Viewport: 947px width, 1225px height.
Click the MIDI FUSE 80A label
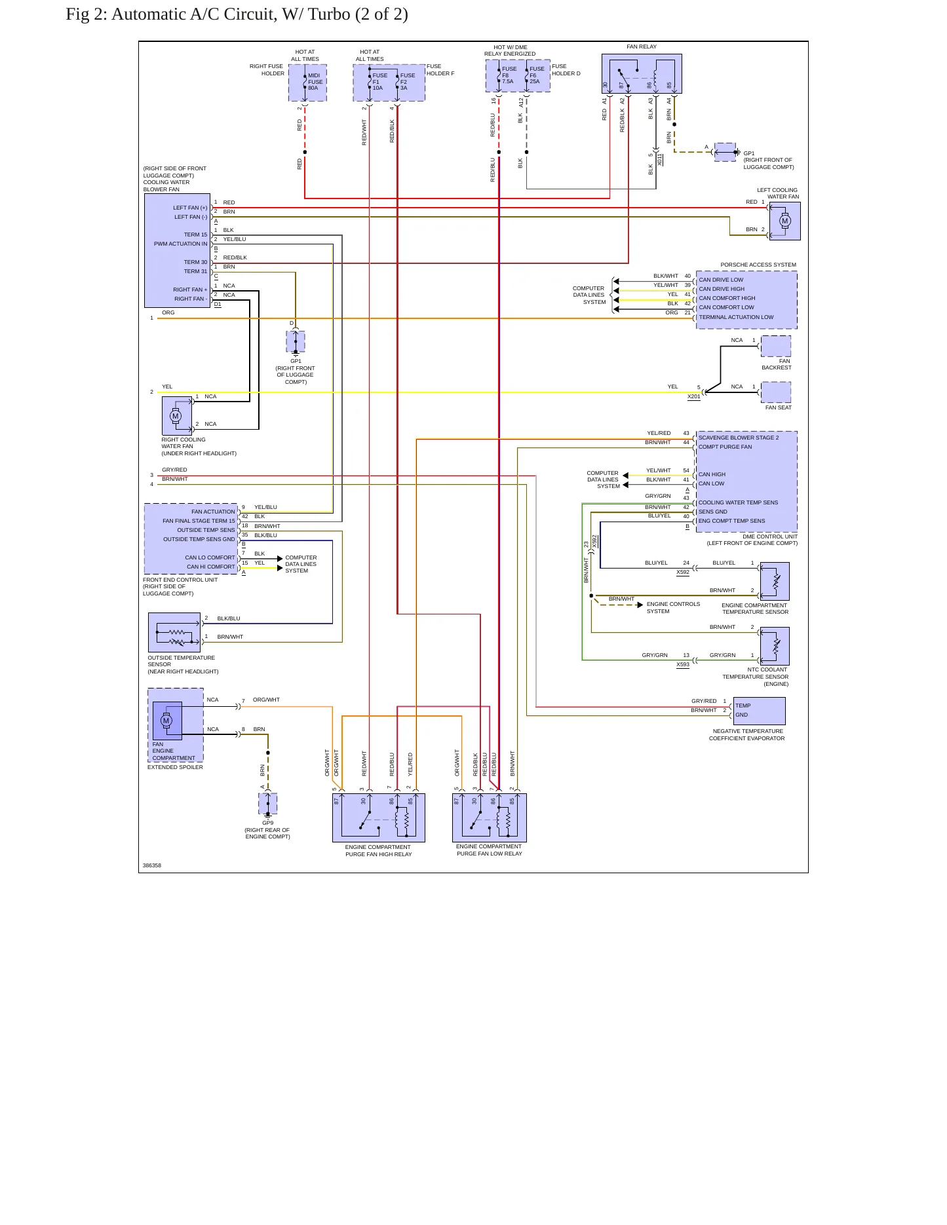coord(315,82)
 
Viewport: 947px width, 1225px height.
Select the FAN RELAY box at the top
coord(642,73)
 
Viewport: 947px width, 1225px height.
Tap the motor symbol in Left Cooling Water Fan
coord(784,221)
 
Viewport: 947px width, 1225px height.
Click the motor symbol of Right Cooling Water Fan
coord(175,416)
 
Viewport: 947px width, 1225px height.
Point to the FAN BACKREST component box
coord(776,346)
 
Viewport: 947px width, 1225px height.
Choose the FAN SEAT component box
coord(776,392)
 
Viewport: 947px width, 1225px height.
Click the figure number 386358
coord(152,865)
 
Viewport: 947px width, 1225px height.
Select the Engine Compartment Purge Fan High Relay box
coord(379,818)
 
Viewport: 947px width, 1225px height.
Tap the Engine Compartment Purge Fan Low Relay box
coord(490,818)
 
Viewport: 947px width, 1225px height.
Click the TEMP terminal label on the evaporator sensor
coord(743,706)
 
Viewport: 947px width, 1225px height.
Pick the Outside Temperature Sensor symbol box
coord(174,632)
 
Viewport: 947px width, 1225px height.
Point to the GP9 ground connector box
coord(268,803)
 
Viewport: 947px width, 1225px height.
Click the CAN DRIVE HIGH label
coord(722,289)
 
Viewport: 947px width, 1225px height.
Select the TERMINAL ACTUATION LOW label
coord(736,317)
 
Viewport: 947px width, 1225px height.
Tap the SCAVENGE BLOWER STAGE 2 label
coord(739,438)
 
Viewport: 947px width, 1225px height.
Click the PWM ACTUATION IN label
coord(180,244)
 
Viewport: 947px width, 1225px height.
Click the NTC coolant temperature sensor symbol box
coord(775,646)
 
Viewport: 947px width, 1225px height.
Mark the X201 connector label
coord(694,396)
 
